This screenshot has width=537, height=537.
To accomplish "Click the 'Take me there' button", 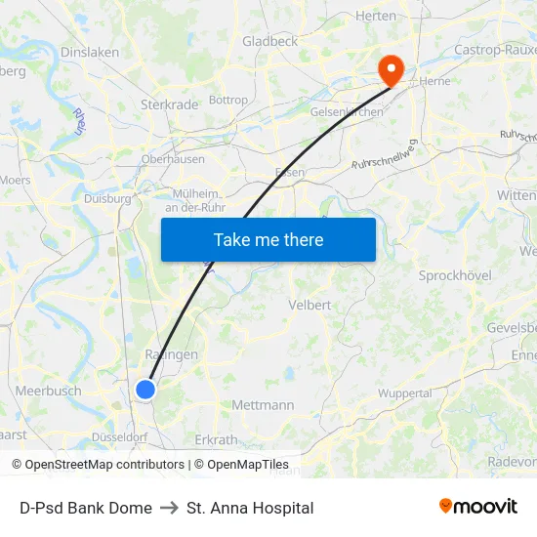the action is pos(268,239).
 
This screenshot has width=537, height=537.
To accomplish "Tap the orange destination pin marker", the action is pos(391,68).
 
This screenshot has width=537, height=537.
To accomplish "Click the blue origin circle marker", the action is pos(145,390).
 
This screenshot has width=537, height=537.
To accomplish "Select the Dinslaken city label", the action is pos(90,53).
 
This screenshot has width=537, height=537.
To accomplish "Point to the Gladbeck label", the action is pos(269,41).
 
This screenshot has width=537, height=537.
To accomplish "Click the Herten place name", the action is pos(376,16).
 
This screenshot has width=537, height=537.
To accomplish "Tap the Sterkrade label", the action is pos(170,103).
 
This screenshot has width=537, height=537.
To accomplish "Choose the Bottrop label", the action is pos(228,100).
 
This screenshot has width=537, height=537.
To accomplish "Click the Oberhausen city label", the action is pos(173,159).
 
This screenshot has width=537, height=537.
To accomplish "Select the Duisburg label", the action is pos(107,198).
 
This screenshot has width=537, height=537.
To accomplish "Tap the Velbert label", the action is pos(310,305).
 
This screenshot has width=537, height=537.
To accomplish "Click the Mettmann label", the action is pos(263,404).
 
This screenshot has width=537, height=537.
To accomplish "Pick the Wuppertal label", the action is pos(405,393).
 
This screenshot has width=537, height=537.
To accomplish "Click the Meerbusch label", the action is pos(48,391).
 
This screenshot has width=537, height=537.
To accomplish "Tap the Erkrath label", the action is pos(217,439).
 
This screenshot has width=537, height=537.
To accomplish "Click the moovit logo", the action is pos(477,506).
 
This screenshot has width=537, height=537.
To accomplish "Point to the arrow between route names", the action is pos(169,508).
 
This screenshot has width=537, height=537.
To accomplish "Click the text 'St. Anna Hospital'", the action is pos(250,508).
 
